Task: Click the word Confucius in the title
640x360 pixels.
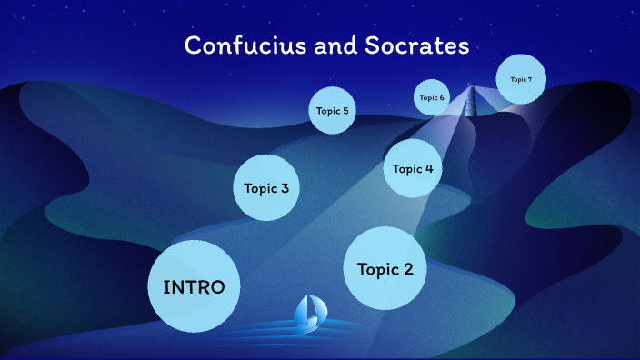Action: tap(242, 45)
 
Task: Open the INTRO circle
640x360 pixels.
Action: tap(194, 286)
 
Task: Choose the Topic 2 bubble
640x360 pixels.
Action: tap(385, 269)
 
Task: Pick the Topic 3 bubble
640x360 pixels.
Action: tap(266, 188)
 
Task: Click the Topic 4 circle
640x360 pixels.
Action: tap(413, 168)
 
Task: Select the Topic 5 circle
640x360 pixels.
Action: tap(332, 111)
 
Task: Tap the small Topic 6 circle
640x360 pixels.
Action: tap(432, 97)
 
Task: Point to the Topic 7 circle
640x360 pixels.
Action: tap(521, 79)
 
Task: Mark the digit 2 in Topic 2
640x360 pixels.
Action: tap(407, 269)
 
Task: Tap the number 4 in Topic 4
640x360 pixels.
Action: tap(428, 168)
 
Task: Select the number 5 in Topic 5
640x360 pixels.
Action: tap(345, 111)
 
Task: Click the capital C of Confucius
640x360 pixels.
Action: tap(192, 45)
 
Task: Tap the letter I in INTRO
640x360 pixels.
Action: tap(166, 286)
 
